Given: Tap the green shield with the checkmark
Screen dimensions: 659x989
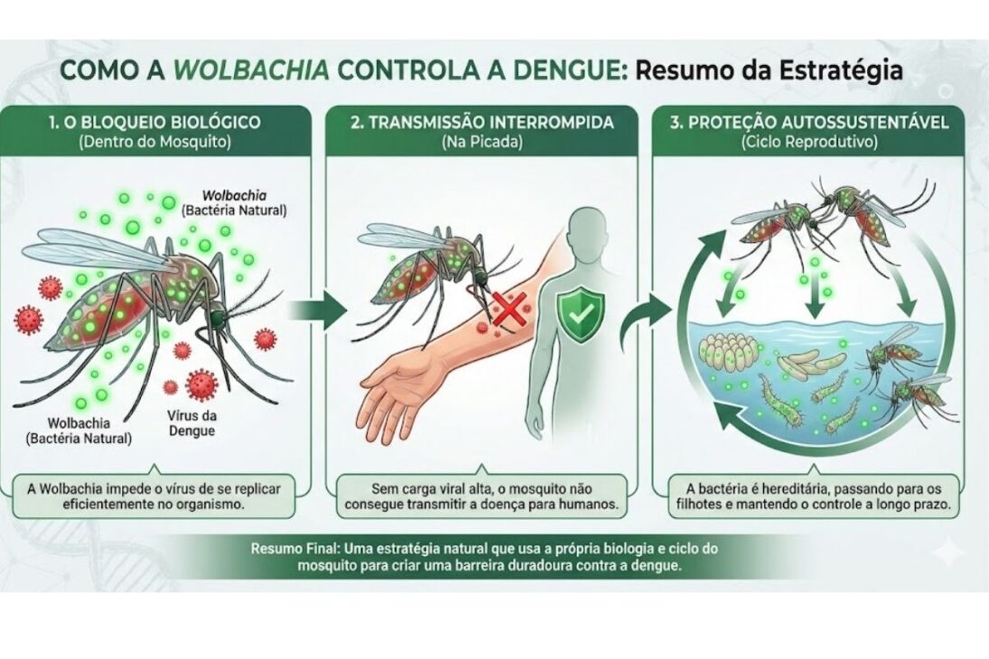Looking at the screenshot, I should [577, 313].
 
